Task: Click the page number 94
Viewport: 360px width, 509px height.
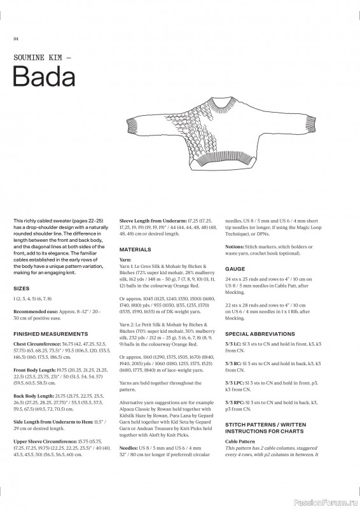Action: (15, 39)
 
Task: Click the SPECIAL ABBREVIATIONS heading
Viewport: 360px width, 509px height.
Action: (259, 333)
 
